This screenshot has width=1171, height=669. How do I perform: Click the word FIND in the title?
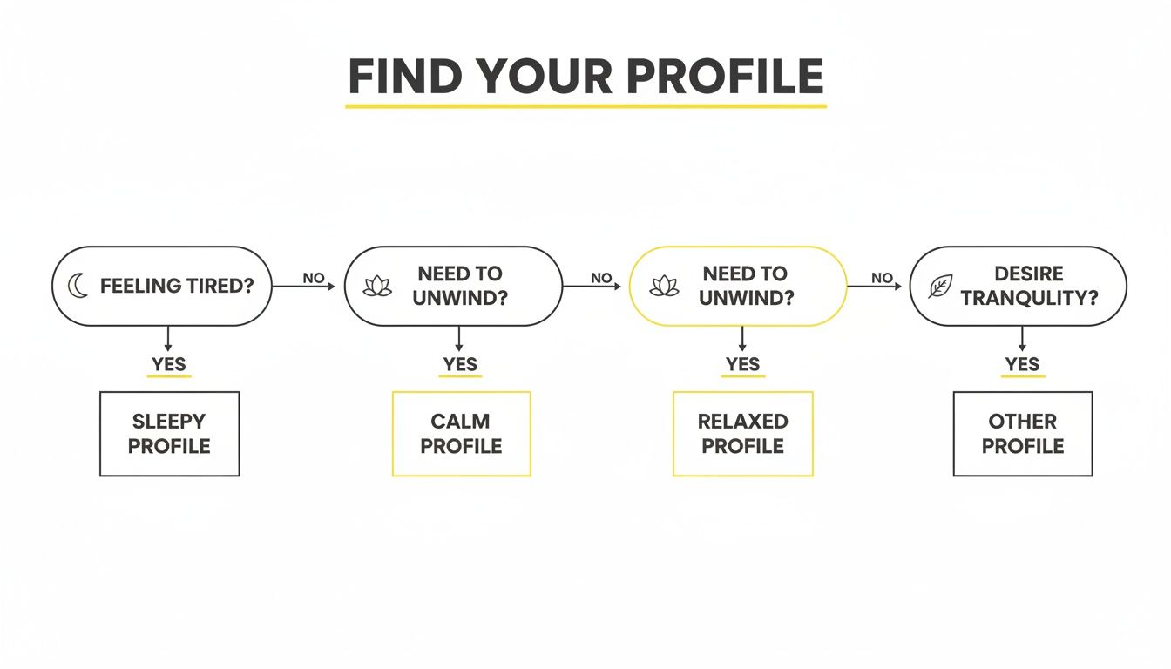tap(403, 78)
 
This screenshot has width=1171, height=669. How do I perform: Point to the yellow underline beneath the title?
tap(585, 106)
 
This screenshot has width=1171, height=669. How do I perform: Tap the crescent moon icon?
tap(78, 286)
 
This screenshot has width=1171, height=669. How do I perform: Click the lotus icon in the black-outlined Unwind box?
tap(377, 286)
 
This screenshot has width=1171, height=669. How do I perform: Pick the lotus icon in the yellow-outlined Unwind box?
tap(665, 286)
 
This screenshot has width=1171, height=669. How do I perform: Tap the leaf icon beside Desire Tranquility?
tap(940, 286)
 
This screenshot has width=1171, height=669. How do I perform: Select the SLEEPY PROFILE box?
tap(170, 434)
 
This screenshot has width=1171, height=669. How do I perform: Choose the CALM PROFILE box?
tap(461, 434)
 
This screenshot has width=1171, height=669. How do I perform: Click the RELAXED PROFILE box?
tap(742, 434)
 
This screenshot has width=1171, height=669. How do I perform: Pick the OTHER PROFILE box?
tap(1022, 434)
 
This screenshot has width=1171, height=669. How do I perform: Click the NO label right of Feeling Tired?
tap(314, 278)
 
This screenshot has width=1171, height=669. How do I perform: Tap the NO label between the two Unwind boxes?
tap(601, 278)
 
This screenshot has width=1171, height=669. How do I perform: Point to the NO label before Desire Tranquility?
tap(882, 278)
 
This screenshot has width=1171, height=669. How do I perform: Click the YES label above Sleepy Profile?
tap(169, 364)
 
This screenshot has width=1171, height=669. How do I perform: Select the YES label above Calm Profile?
tap(460, 364)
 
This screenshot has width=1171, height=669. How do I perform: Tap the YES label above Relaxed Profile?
tap(742, 364)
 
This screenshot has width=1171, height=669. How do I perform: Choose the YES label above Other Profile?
tap(1022, 364)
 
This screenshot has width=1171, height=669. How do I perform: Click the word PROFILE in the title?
tap(724, 78)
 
